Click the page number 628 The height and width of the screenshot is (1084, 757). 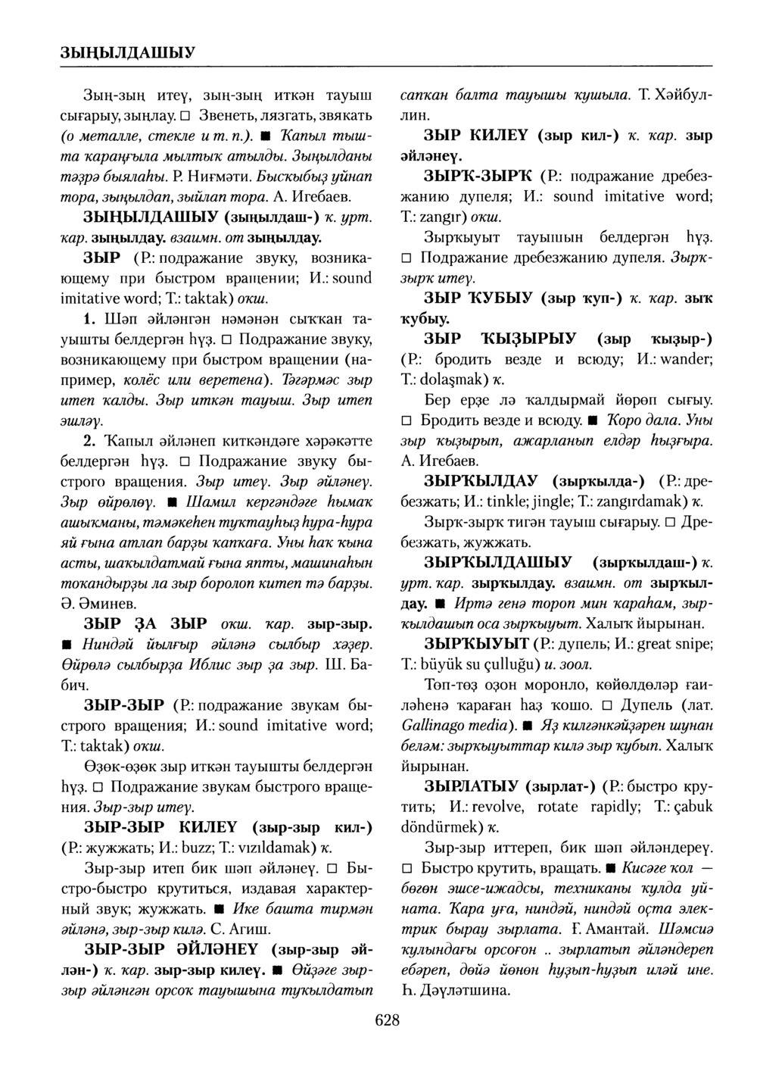tap(386, 1020)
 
